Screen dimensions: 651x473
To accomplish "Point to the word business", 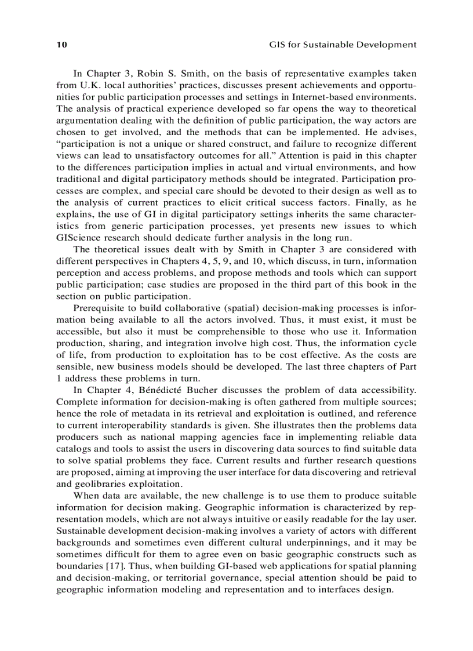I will pos(143,368).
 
